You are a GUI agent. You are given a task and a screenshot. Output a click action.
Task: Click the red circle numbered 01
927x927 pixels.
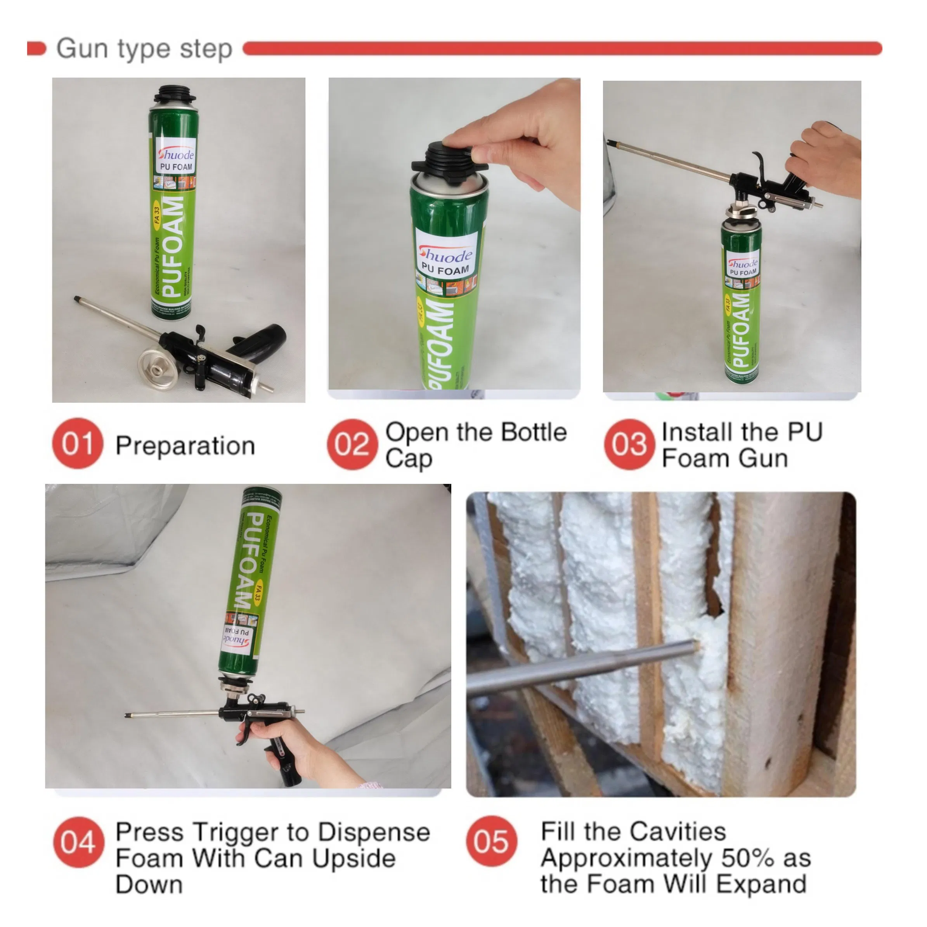77,444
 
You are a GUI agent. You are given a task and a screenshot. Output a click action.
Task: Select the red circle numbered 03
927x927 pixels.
629,444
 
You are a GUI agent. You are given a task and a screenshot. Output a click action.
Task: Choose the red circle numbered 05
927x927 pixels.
491,841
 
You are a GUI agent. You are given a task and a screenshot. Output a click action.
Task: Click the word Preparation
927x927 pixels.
185,446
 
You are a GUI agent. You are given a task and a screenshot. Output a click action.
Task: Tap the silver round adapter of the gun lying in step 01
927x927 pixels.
159,369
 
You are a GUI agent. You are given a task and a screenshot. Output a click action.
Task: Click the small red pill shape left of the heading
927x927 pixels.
36,49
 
